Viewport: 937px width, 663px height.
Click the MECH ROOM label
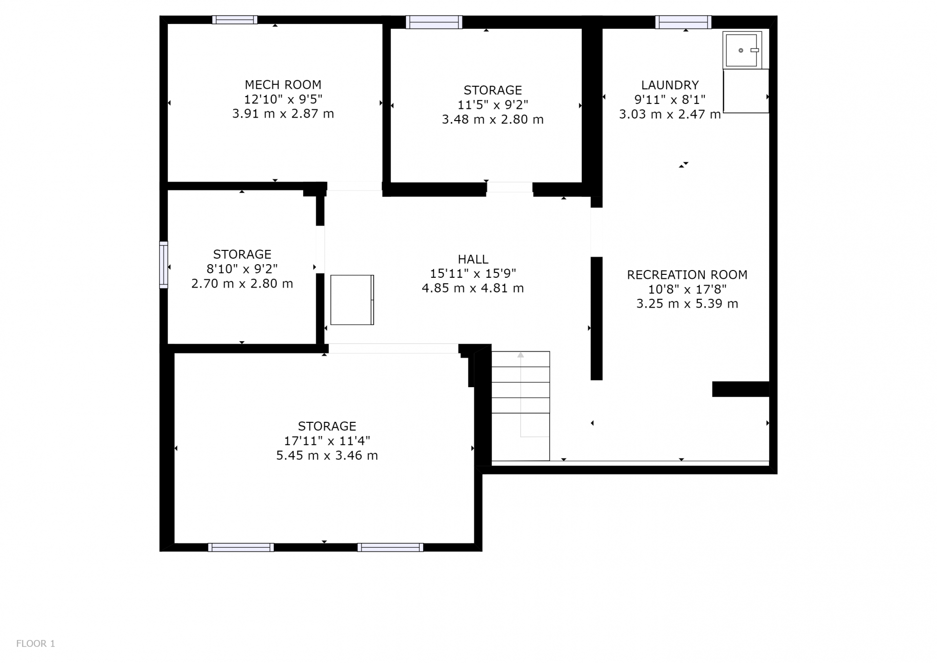(283, 84)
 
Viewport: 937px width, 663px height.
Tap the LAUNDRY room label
(670, 85)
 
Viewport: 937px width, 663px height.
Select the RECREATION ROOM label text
(687, 275)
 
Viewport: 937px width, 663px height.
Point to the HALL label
(473, 259)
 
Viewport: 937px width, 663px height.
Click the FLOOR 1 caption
(36, 643)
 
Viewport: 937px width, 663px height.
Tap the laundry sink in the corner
(742, 50)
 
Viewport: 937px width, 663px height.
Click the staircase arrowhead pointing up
(521, 355)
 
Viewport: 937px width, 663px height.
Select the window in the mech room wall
(235, 20)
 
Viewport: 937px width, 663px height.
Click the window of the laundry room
(683, 22)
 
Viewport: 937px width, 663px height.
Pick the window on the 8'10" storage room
(163, 265)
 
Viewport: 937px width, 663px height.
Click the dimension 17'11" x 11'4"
(327, 441)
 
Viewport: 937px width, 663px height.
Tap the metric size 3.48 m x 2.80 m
(492, 120)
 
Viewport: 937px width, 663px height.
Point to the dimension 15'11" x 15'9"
(473, 273)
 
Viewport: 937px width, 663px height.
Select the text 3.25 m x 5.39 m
(687, 304)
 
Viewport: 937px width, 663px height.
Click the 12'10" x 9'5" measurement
(283, 99)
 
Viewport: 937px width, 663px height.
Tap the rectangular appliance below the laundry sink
(746, 91)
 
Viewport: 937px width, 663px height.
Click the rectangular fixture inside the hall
(352, 300)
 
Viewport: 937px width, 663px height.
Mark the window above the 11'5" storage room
(434, 22)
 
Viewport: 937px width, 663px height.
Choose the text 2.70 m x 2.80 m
(242, 284)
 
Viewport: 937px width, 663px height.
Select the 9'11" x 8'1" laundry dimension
(670, 100)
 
